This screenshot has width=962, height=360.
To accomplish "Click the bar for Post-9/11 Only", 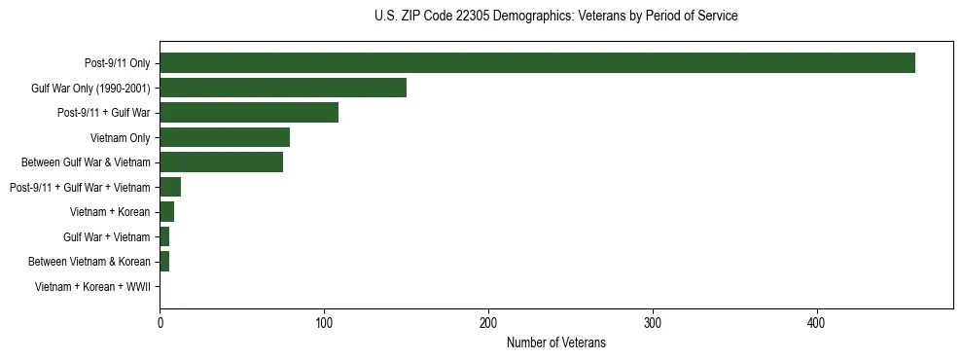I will click(x=537, y=63).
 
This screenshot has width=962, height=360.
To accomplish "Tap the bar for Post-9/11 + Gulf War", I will click(x=249, y=113).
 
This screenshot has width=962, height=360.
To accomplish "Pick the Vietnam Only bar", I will click(x=225, y=137).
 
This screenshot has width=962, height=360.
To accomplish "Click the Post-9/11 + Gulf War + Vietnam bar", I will click(x=170, y=187).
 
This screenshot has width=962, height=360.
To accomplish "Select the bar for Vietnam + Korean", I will click(x=166, y=212).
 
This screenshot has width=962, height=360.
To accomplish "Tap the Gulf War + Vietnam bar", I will click(x=164, y=236).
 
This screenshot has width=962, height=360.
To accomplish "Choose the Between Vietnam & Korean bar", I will click(x=164, y=262).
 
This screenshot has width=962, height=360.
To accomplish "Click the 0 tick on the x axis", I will click(x=160, y=323).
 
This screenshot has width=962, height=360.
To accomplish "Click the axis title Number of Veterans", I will click(x=555, y=342).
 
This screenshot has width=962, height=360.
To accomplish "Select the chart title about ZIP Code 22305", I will click(x=555, y=17).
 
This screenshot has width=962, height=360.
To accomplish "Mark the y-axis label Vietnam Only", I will click(x=121, y=137).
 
